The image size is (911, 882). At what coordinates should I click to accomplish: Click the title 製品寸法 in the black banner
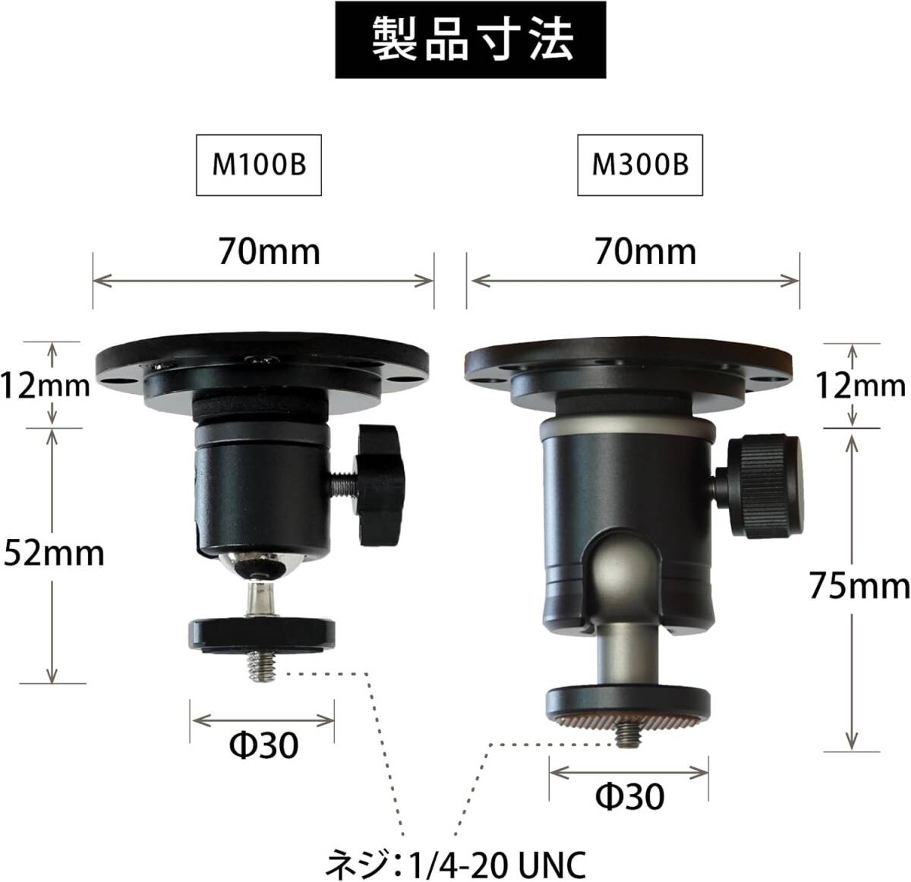pos(472,40)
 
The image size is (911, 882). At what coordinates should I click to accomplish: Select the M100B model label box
pos(258,165)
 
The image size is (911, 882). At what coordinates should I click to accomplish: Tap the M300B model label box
pos(639,165)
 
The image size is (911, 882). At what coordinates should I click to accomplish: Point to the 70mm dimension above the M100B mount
pos(270,252)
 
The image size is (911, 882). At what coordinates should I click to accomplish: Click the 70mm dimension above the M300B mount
pos(645,252)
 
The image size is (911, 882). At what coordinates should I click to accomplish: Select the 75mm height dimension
pos(859,586)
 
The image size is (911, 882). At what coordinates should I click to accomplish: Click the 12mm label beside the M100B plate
pos(45,386)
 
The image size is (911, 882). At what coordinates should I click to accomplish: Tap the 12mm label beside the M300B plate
pos(860,386)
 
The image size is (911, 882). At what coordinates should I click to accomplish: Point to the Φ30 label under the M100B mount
pos(263,745)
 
